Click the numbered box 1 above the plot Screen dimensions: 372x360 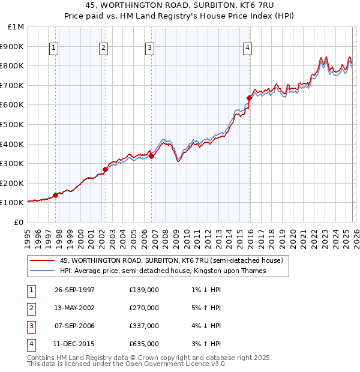[55, 48]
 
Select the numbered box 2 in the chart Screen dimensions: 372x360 [104, 48]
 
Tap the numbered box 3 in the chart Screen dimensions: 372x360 [149, 48]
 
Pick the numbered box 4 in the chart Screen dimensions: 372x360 [247, 48]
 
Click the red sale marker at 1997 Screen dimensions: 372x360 [55, 195]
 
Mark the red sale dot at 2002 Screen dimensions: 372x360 [104, 169]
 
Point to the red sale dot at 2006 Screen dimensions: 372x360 [151, 156]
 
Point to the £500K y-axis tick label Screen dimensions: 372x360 [12, 124]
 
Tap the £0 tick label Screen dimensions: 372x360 [19, 223]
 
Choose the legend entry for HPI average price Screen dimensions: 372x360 [163, 271]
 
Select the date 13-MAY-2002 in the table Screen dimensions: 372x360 [74, 308]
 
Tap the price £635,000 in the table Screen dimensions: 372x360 [144, 344]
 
